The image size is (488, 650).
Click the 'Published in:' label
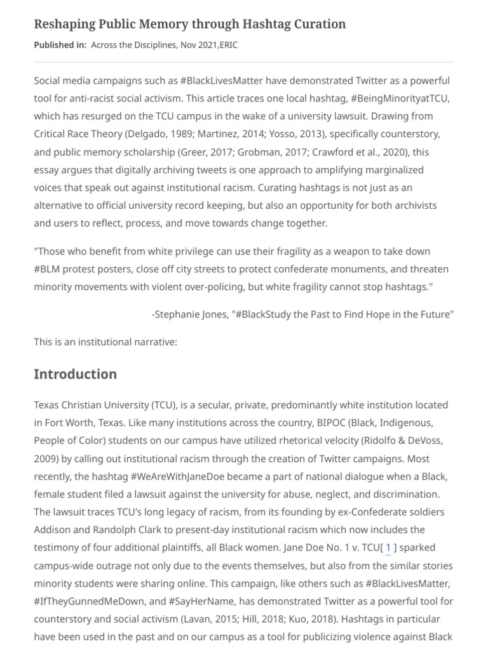[x=60, y=44]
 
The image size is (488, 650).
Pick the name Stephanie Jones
[x=190, y=314]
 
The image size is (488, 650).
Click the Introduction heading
[x=75, y=374]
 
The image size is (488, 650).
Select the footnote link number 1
[x=388, y=547]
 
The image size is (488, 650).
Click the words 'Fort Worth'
[x=67, y=422]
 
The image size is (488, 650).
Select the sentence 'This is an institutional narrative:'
[x=105, y=342]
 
